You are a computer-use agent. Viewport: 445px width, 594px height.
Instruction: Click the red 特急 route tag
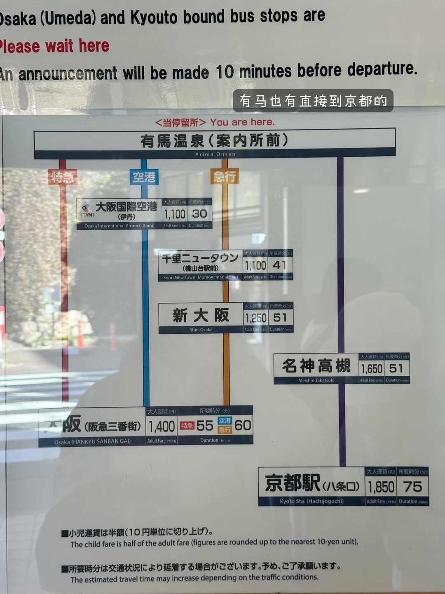63,177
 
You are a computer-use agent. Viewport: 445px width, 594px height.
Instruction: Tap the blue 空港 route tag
144,177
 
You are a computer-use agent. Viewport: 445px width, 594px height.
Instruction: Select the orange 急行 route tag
225,177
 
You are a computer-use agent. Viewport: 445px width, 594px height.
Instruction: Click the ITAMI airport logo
87,210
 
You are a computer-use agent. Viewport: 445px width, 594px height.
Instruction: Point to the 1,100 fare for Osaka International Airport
175,214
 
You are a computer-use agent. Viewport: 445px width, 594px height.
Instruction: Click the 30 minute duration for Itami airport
200,214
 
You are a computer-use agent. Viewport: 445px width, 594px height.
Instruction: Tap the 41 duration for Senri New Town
280,265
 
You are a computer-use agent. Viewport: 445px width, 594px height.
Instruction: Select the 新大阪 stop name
201,316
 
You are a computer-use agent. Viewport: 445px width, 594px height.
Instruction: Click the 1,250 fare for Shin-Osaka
256,318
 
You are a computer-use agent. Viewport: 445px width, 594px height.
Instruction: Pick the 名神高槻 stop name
316,366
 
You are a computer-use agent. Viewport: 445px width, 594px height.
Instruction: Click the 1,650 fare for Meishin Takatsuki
372,368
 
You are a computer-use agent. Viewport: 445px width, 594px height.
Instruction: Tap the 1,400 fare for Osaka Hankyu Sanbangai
162,427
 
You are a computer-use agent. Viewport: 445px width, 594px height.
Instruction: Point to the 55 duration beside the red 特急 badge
205,426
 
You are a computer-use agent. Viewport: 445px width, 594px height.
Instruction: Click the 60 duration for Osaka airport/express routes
243,425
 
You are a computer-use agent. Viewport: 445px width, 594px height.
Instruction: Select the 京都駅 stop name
293,483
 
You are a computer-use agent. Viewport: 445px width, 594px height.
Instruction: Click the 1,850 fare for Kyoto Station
381,487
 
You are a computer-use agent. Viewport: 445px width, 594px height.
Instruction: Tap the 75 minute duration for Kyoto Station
413,487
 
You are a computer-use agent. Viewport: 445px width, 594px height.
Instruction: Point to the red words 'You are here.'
242,122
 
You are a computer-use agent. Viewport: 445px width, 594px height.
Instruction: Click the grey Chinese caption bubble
313,101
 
